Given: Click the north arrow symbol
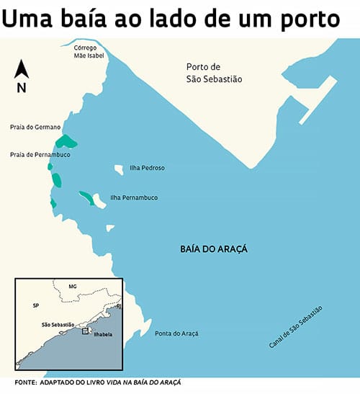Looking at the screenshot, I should [21, 70].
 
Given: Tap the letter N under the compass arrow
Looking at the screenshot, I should [22, 88].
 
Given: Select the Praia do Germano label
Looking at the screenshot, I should [35, 127].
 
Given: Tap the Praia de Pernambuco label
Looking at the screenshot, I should [40, 154].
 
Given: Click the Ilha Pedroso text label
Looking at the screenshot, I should [147, 168].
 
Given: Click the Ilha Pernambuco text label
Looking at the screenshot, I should [134, 197].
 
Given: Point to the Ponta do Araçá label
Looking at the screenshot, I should [176, 333].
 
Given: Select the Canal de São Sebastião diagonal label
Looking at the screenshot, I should [295, 328].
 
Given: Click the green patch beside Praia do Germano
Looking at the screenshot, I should [65, 141].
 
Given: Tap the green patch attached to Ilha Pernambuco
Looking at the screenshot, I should [86, 197].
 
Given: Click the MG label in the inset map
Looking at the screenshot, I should [72, 286].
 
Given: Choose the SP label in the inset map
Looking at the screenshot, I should [35, 305].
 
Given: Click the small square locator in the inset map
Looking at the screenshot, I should [85, 331].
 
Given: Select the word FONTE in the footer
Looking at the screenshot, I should [25, 382].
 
